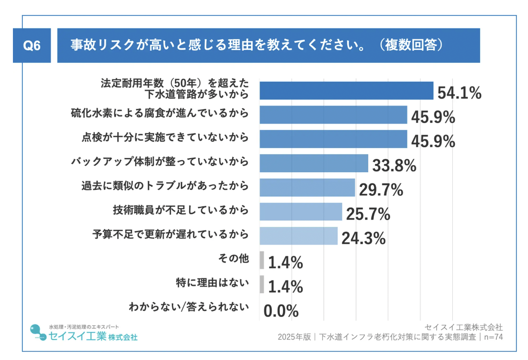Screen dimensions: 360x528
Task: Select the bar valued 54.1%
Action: tap(346, 90)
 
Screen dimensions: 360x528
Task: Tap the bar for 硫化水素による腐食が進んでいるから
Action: tap(333, 115)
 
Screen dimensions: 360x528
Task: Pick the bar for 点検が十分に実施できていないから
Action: tap(333, 139)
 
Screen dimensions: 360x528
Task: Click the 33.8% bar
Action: tap(314, 163)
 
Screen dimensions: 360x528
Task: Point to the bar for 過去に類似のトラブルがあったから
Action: tap(307, 187)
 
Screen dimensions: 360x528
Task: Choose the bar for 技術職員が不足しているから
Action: tap(301, 211)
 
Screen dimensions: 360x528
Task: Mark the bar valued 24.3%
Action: tap(298, 236)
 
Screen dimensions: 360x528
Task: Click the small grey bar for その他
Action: tap(262, 260)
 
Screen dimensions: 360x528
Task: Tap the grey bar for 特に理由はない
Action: tap(262, 284)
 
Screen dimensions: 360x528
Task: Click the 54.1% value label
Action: tap(459, 93)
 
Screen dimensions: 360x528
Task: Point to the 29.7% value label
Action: tap(381, 190)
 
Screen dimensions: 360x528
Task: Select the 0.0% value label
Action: tap(281, 311)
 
